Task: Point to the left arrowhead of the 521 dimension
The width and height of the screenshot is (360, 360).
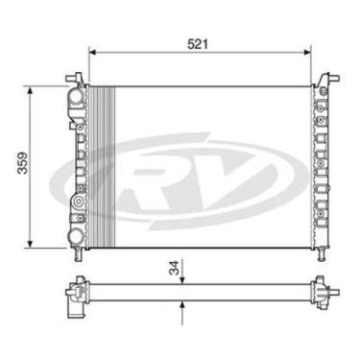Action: click(x=92, y=54)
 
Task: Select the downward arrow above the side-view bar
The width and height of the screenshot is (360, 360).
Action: click(x=182, y=278)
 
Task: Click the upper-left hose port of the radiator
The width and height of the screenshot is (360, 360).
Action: click(x=74, y=98)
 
